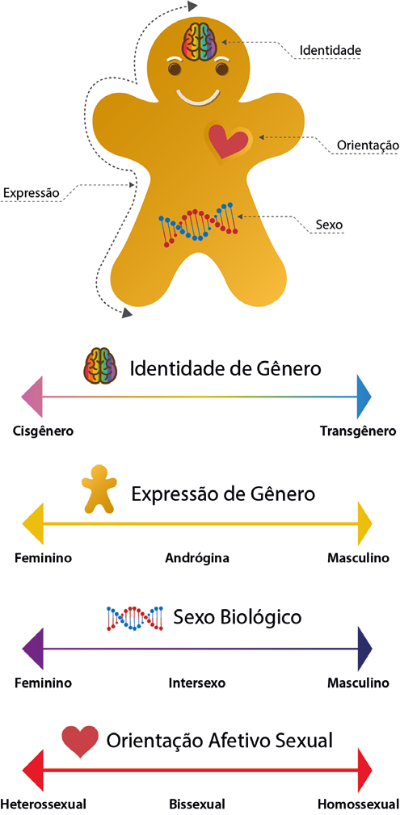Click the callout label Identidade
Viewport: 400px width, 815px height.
point(331,51)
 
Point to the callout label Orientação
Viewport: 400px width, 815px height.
point(368,145)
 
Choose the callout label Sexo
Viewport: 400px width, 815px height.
point(329,225)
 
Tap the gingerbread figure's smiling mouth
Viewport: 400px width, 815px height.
point(196,97)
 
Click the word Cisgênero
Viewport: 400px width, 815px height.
point(43,431)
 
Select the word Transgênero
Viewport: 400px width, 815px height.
point(358,431)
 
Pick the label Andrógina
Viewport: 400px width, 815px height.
point(197,559)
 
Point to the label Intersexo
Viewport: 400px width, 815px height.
point(197,683)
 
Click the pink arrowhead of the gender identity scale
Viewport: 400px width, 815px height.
point(32,397)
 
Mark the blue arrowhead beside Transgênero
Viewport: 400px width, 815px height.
point(364,397)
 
